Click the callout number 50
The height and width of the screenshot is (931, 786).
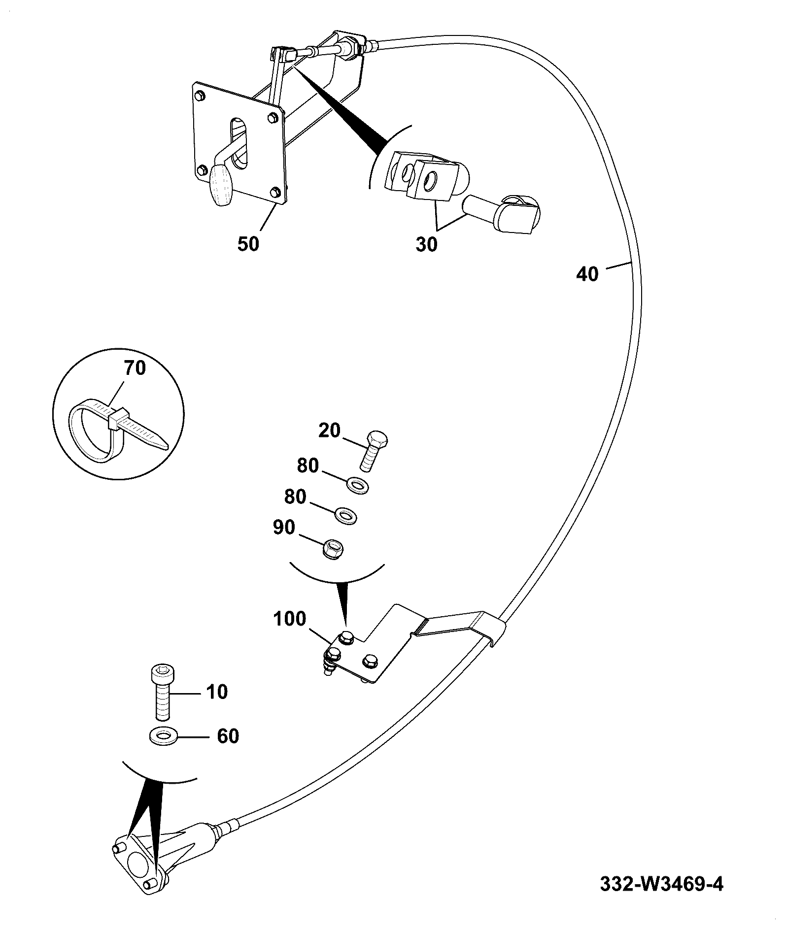point(248,244)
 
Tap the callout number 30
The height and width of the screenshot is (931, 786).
point(426,244)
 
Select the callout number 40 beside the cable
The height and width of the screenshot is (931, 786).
point(587,274)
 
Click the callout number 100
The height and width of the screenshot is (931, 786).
point(289,619)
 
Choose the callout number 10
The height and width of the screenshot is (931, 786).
point(216,692)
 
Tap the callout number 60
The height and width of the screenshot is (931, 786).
point(228,736)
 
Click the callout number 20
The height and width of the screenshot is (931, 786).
point(330,431)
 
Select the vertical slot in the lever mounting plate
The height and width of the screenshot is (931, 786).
point(240,143)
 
